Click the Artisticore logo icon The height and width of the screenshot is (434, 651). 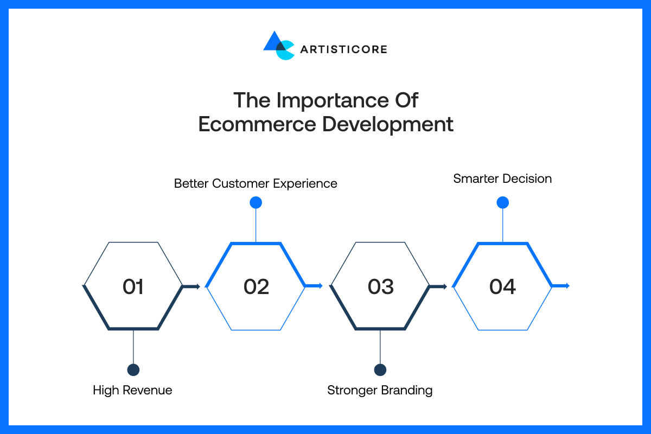[x=279, y=46]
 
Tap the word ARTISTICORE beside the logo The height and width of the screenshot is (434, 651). [x=344, y=49]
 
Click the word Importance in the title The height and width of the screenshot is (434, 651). [x=333, y=100]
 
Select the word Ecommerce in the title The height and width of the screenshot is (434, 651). [x=257, y=124]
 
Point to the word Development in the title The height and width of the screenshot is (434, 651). [x=388, y=125]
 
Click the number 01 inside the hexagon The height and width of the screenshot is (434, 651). [x=133, y=286]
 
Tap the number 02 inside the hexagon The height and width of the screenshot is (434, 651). [x=256, y=286]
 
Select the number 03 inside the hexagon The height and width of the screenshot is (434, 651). [x=381, y=286]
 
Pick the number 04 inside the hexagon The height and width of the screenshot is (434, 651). [x=503, y=286]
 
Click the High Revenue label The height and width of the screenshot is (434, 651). [x=132, y=390]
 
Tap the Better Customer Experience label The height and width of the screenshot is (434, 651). [x=256, y=184]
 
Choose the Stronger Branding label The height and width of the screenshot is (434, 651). [x=380, y=391]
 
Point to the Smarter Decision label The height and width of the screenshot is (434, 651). [x=502, y=178]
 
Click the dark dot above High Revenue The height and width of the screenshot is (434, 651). [x=133, y=370]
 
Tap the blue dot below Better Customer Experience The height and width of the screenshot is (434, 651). [x=256, y=202]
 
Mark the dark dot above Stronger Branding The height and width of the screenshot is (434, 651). [x=380, y=370]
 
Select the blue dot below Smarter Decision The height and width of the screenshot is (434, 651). [x=503, y=202]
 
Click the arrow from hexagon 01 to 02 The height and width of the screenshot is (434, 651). [x=192, y=286]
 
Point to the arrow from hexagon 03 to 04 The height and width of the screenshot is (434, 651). [x=438, y=286]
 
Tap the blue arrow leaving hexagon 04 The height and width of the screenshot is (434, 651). [x=561, y=286]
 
